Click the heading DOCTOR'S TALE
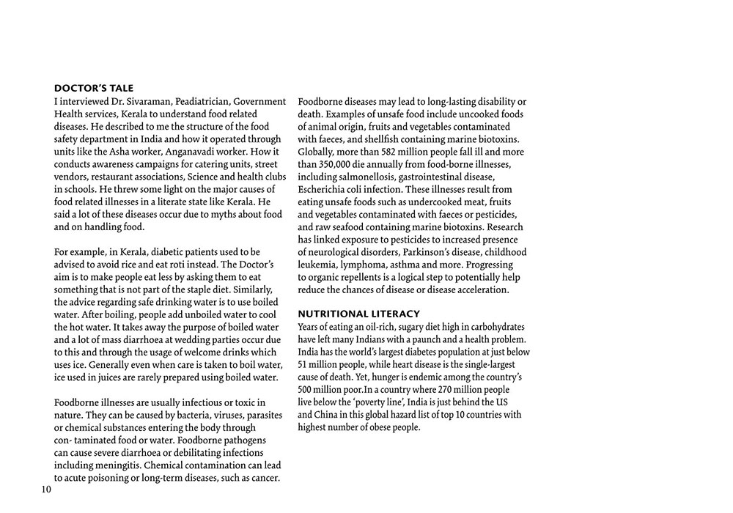tap(94, 89)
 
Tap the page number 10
tap(46, 490)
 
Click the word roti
tap(187, 265)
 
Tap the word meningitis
tap(116, 465)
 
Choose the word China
tap(328, 414)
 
